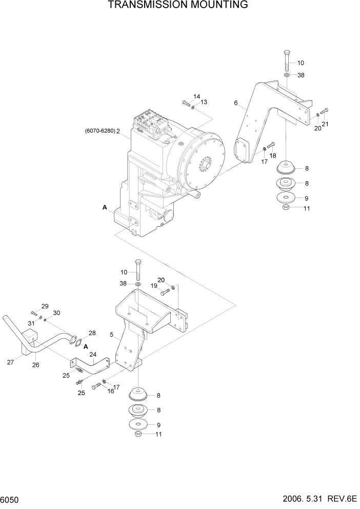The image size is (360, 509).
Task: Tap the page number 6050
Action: point(12,499)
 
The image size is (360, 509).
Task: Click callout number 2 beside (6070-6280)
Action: point(118,131)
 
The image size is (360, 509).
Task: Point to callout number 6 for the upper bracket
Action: point(236,103)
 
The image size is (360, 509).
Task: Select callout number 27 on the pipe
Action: point(11,362)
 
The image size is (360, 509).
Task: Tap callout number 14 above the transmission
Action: point(196,96)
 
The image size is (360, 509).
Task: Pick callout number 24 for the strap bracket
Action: point(93,354)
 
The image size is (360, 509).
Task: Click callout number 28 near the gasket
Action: point(92,333)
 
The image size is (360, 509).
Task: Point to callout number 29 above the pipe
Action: point(45,306)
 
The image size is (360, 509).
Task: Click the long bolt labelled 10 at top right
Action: point(286,61)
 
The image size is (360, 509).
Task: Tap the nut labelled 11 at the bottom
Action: point(138,435)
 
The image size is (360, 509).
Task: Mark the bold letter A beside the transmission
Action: point(105,208)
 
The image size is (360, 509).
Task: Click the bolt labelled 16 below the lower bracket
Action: point(97,387)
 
